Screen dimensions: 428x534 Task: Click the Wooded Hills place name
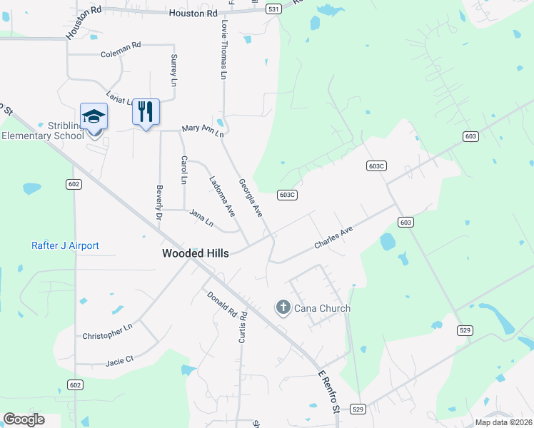click(196, 253)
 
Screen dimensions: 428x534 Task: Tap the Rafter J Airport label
click(65, 246)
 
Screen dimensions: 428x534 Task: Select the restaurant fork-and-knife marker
click(146, 112)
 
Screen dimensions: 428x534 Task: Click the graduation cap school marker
click(94, 116)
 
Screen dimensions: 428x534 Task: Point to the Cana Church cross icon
click(283, 308)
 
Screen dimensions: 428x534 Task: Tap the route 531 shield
click(273, 9)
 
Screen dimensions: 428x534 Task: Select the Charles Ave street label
click(334, 238)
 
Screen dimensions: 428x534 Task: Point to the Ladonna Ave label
click(221, 195)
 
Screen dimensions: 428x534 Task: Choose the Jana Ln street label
click(201, 217)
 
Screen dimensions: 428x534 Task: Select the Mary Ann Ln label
click(203, 130)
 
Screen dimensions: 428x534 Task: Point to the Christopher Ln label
click(107, 331)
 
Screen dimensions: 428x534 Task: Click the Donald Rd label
click(221, 305)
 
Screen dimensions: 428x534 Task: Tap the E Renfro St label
click(328, 392)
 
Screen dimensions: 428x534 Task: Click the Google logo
click(24, 419)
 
